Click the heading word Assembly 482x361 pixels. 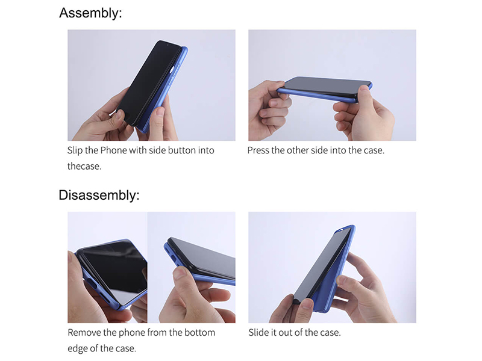(x=90, y=14)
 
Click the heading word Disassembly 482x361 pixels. (x=99, y=196)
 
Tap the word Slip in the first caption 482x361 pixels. (x=75, y=151)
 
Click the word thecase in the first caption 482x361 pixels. (x=84, y=167)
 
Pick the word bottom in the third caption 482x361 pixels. (x=199, y=333)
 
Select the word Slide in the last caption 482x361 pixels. (x=258, y=333)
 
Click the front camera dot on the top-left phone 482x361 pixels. (x=168, y=45)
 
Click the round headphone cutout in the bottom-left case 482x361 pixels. (x=91, y=282)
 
